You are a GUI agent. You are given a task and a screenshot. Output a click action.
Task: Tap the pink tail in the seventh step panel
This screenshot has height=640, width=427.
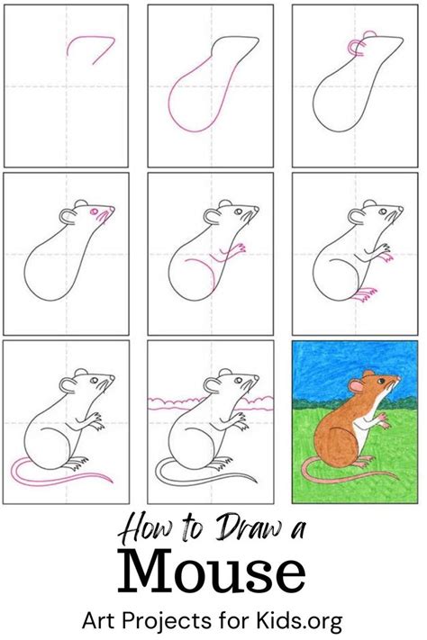[x=54, y=478]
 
